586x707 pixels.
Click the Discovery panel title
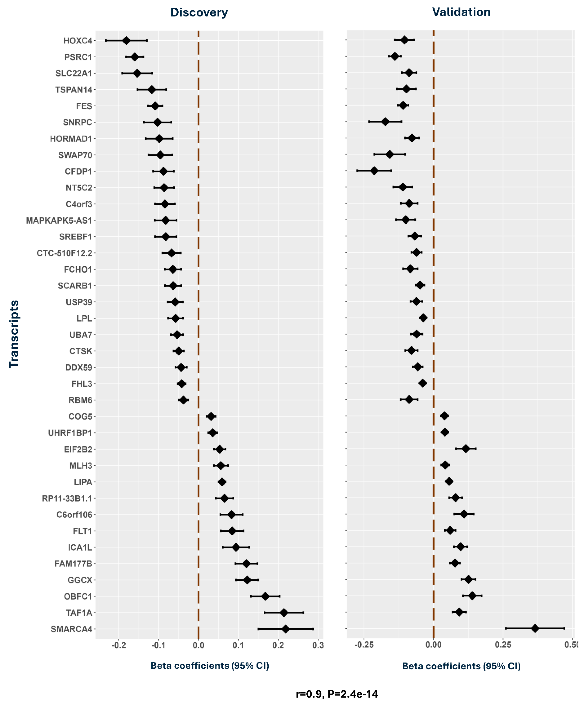coord(199,12)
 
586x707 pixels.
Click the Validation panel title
coord(461,12)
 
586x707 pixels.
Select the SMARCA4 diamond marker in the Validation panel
coord(535,628)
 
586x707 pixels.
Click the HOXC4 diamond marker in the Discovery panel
coord(126,41)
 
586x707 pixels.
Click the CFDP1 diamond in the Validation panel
coord(374,171)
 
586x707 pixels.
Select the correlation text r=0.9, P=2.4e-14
coord(337,694)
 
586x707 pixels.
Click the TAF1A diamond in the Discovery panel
coord(284,612)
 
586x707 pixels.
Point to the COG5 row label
coord(80,416)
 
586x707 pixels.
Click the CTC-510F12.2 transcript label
coord(64,253)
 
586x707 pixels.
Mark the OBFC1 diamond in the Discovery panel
coord(265,596)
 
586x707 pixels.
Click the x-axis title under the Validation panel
coord(461,666)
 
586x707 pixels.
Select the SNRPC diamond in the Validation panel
coord(385,122)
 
